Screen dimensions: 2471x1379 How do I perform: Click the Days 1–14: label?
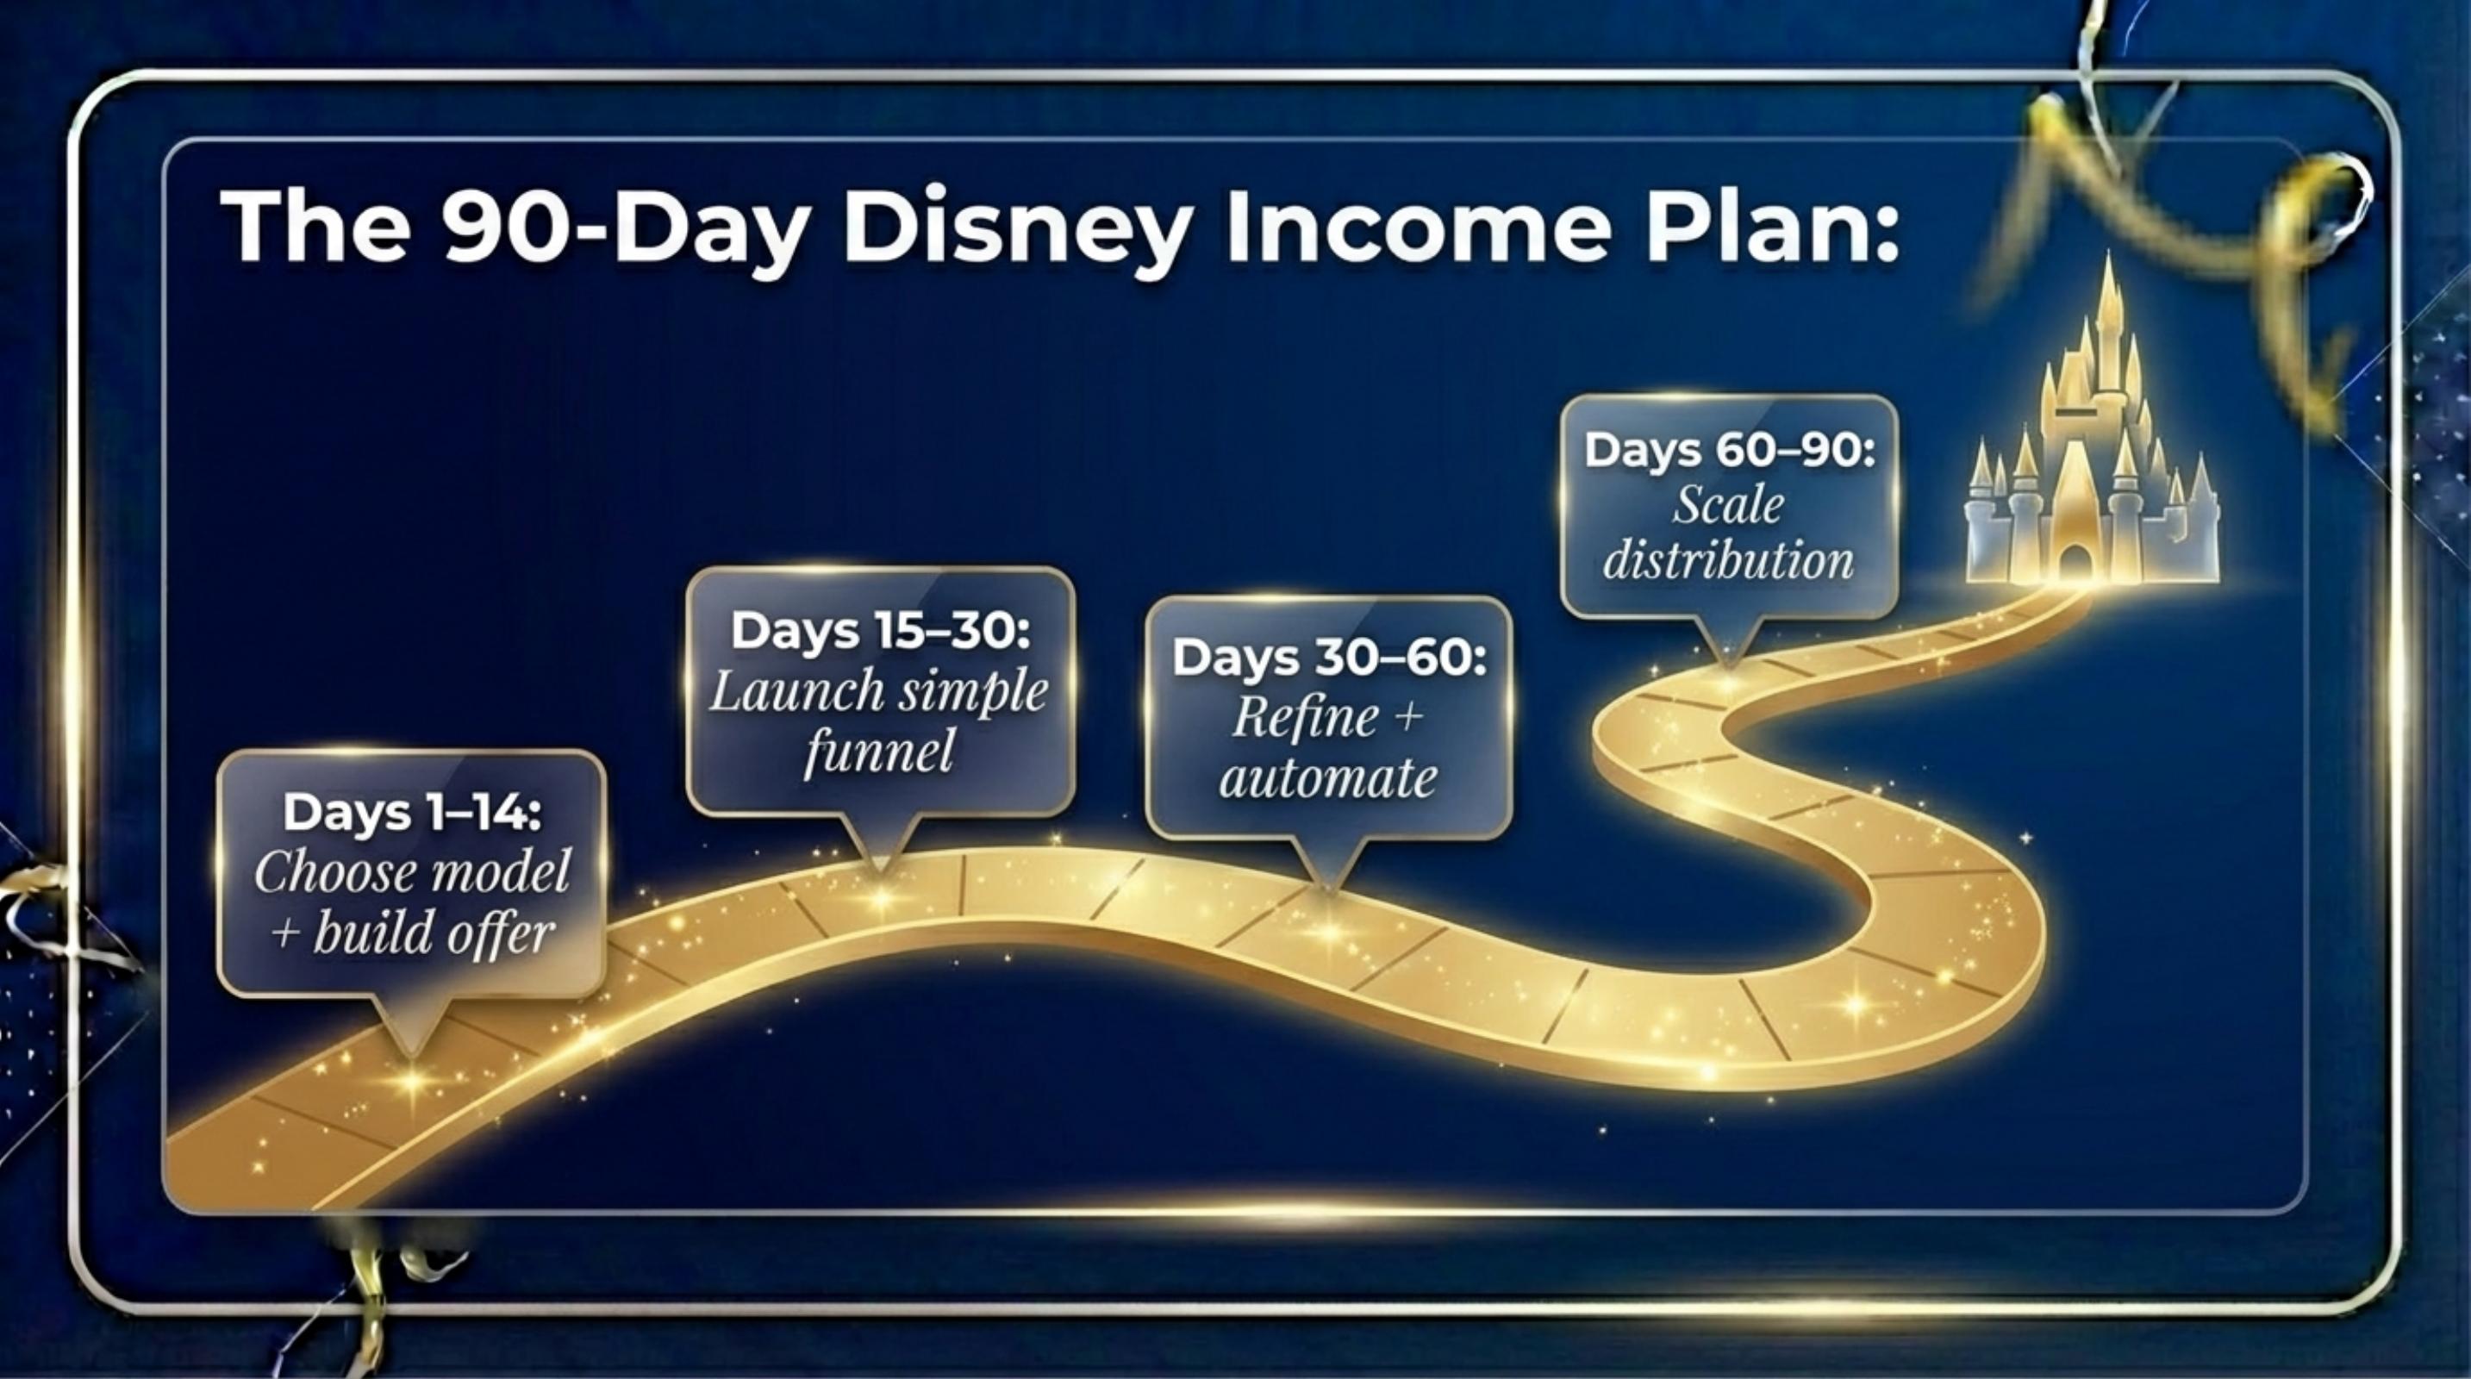pos(413,811)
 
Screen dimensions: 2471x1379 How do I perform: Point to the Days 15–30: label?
pos(881,630)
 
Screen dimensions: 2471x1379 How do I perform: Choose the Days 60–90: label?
pos(1730,450)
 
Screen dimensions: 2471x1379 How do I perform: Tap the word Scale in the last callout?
pos(1729,505)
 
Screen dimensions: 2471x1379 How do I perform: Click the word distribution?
pos(1729,559)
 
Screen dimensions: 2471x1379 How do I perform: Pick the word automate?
pos(1328,777)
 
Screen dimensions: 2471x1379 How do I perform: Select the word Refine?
pos(1306,717)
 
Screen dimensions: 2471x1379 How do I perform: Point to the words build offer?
pos(434,933)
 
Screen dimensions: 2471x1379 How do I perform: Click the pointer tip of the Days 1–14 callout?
pos(414,1056)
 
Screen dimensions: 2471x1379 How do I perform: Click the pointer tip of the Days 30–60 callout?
pos(1327,891)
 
